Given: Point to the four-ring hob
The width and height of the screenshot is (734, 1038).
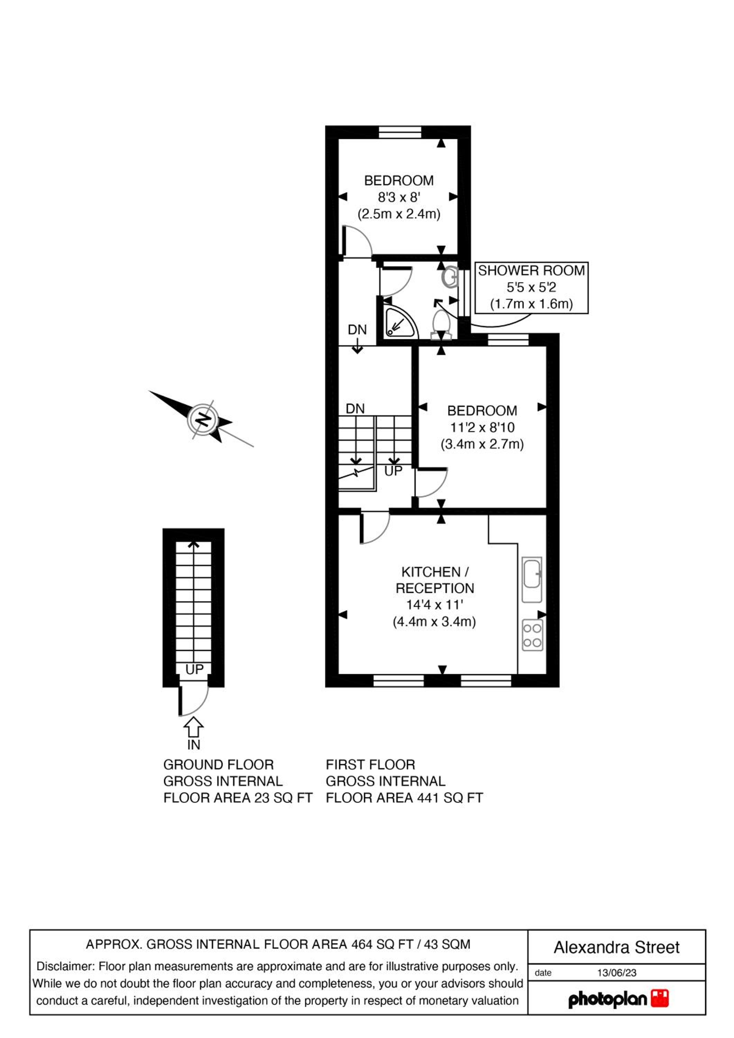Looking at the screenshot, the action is click(x=532, y=635).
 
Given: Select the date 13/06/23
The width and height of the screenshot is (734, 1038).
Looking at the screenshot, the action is click(x=616, y=973).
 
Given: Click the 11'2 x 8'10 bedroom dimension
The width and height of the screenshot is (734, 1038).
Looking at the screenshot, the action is click(x=482, y=427).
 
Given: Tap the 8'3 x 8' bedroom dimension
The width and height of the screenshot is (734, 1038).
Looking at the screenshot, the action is click(x=399, y=198).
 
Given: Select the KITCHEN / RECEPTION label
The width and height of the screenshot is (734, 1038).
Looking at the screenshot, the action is click(x=435, y=580).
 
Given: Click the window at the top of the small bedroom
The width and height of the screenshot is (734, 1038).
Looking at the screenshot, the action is click(x=400, y=132).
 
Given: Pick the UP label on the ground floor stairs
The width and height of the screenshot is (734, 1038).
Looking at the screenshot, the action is click(x=194, y=670).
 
